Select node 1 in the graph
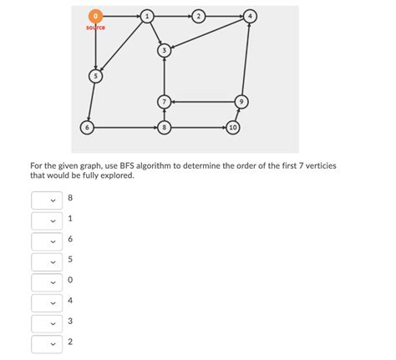(147, 16)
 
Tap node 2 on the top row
(198, 16)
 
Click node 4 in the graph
(251, 16)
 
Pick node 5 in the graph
(96, 76)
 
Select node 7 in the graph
(165, 101)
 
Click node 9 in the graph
(241, 101)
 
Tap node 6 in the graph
(86, 127)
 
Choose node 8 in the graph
(165, 127)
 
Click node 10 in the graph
(233, 127)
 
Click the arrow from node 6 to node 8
(125, 127)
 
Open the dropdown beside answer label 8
(46, 200)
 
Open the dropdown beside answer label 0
(46, 281)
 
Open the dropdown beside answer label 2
(46, 342)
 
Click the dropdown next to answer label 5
(46, 261)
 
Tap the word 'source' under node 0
(96, 28)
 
